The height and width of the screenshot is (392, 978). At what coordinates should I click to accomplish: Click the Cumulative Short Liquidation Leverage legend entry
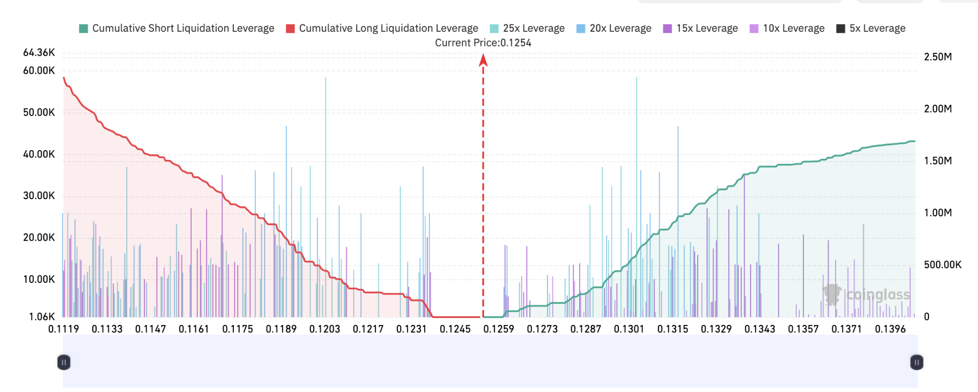coord(177,28)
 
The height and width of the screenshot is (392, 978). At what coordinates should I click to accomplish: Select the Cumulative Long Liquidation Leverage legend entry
coord(382,28)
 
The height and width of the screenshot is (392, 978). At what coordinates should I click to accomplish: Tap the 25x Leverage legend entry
coord(527,28)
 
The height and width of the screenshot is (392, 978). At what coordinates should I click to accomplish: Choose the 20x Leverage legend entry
coord(614,28)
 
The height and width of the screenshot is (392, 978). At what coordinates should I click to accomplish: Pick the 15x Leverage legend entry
coord(701,28)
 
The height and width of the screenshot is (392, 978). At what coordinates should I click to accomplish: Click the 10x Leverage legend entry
coord(787,28)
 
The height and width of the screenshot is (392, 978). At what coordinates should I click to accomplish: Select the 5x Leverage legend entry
coord(871,28)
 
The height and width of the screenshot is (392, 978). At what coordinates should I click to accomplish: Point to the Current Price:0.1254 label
coord(483,43)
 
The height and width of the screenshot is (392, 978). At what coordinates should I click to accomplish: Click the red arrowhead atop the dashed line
coord(483,60)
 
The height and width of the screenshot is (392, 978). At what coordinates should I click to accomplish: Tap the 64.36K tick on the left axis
coord(39,52)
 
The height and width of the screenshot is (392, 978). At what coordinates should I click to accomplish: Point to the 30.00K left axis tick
coord(39,196)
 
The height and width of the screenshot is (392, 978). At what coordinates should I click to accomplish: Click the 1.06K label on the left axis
coord(42,317)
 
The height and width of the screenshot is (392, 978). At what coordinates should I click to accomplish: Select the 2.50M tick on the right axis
coord(938,57)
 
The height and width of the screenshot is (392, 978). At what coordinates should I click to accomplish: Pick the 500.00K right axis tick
coord(943,265)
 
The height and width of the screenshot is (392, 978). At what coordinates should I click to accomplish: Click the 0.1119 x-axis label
coord(64,329)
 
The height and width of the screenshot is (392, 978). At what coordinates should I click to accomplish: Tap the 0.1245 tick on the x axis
coord(455,329)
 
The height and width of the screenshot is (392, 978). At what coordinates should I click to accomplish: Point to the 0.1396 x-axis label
coord(890,329)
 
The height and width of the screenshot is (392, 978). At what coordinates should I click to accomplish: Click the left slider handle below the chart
coord(64,363)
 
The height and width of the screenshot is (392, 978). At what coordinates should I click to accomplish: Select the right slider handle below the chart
coord(917,363)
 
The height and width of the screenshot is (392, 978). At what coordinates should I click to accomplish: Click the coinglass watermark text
coord(878,295)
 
